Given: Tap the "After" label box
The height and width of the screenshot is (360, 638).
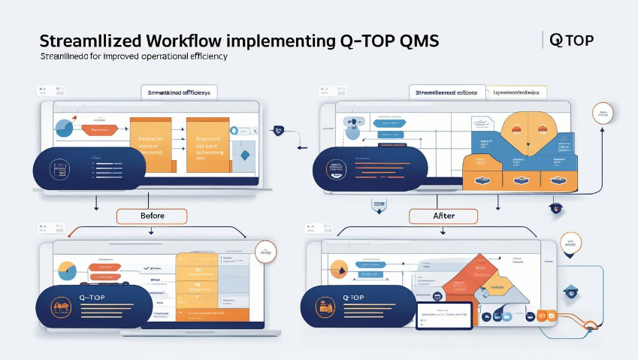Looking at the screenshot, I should point(443,216).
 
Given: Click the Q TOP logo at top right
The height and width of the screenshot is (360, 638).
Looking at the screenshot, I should point(572,41).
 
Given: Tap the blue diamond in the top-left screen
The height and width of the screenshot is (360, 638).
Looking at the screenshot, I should point(244,155).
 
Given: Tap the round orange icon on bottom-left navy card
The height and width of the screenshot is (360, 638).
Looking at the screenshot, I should point(59,307).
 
